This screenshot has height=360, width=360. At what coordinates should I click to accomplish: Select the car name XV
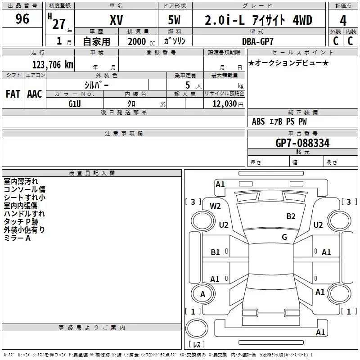[x=116, y=20]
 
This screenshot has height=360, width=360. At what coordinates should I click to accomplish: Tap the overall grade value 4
[x=343, y=20]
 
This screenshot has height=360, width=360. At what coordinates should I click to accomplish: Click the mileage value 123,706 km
[x=52, y=65]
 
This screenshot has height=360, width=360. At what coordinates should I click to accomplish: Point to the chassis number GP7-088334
[x=302, y=143]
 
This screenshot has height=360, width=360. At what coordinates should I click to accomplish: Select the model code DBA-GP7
[x=261, y=41]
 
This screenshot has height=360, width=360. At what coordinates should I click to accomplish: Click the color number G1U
[x=75, y=103]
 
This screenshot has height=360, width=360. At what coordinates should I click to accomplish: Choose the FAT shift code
[x=13, y=94]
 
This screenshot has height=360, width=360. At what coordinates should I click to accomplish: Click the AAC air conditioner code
[x=34, y=94]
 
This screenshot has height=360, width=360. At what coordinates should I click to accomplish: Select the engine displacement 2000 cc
[x=137, y=41]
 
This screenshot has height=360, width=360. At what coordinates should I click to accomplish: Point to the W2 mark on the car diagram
[x=215, y=206]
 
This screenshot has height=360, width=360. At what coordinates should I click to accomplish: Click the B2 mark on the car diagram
[x=291, y=216]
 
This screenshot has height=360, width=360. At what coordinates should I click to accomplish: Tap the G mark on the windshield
[x=284, y=237]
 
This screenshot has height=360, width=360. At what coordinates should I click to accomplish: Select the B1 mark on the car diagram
[x=215, y=252]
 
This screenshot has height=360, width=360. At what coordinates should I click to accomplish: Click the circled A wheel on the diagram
[x=202, y=294]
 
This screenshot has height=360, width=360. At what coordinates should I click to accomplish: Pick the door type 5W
[x=175, y=20]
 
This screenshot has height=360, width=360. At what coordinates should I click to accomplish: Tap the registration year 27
[x=58, y=23]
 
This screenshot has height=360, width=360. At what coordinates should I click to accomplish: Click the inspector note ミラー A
[x=17, y=238]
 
